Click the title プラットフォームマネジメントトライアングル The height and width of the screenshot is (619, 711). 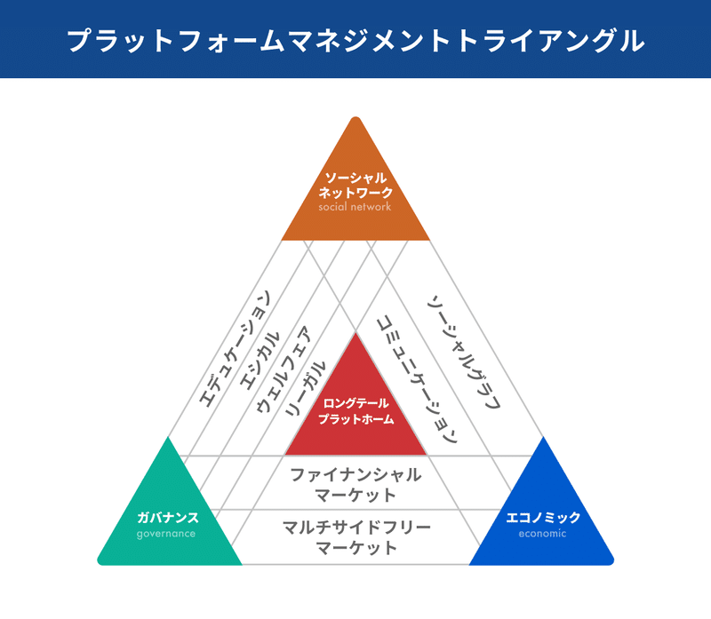click(355, 41)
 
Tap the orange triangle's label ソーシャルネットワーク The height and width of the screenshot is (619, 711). click(355, 186)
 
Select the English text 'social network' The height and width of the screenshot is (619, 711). click(355, 207)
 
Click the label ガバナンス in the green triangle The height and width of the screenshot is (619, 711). click(168, 517)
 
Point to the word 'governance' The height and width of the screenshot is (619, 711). click(166, 534)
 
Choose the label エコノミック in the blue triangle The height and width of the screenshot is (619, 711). click(543, 517)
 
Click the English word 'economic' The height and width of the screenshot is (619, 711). click(543, 534)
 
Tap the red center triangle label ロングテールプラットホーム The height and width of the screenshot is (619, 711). click(356, 411)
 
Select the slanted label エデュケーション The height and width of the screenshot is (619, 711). click(235, 348)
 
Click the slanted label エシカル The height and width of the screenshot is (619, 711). click(260, 361)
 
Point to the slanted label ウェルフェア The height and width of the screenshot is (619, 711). click(284, 369)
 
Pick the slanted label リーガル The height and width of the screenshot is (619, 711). click(305, 389)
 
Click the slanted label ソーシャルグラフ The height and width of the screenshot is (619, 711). click(464, 353)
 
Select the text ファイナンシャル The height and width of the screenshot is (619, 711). click(355, 475)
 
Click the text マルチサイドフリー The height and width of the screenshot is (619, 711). click(356, 528)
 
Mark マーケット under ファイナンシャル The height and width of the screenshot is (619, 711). click(355, 495)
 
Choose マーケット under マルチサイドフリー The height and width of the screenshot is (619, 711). click(356, 548)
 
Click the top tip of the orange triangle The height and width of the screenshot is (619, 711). click(356, 117)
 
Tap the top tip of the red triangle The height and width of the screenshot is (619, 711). click(356, 334)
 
